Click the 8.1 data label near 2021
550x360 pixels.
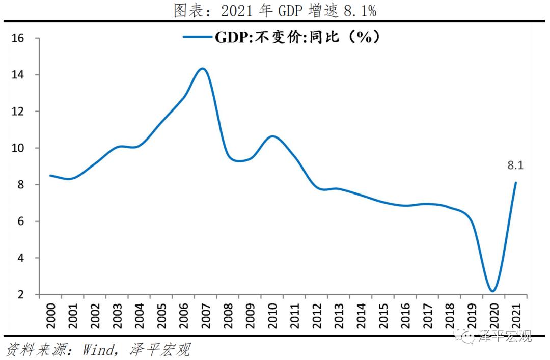515,165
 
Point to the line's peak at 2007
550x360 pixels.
202,68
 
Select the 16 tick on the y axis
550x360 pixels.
18,38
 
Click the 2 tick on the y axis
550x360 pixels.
21,295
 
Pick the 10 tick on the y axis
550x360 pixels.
18,148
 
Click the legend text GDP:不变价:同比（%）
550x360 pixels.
297,37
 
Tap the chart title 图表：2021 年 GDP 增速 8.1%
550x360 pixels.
275,10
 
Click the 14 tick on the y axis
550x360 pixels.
18,75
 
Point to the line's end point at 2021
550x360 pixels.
516,183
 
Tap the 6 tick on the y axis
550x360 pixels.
21,221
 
